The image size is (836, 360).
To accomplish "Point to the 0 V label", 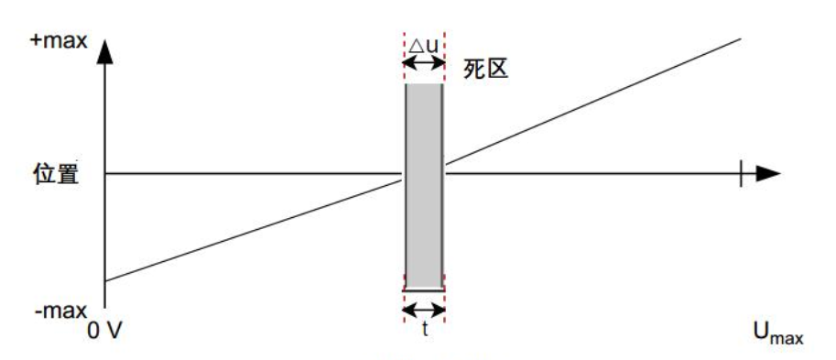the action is (106, 328).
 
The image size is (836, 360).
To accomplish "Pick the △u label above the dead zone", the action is (423, 43).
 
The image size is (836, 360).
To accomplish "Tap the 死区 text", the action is (484, 70).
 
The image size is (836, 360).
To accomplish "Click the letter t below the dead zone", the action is (425, 328).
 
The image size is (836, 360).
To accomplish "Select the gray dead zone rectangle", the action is (424, 183).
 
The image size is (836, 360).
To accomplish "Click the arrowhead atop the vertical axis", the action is (105, 51).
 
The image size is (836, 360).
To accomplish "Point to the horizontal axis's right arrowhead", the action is (769, 172).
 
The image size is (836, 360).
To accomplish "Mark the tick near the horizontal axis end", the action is (741, 172).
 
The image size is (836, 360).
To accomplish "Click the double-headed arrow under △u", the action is (423, 62).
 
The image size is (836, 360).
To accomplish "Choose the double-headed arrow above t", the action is (424, 310).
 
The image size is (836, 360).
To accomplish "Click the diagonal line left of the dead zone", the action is (256, 228).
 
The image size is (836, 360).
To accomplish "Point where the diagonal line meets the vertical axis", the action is (105, 280).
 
